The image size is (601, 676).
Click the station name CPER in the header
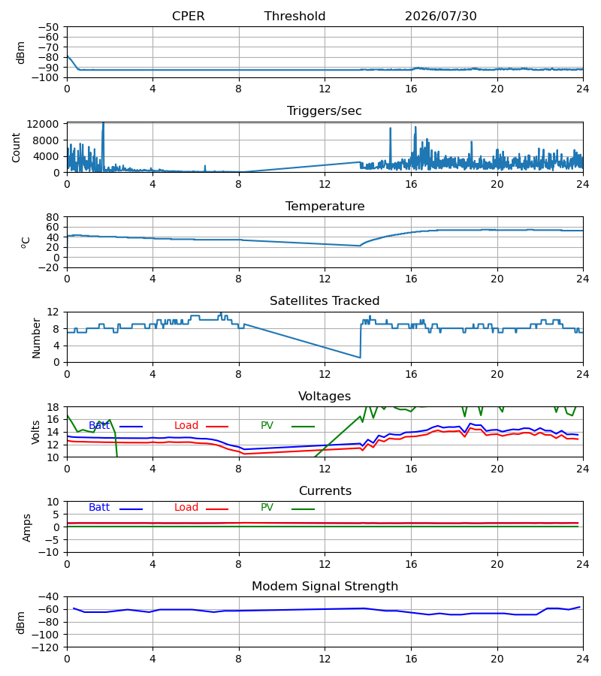(x=188, y=17)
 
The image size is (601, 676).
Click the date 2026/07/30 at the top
(x=441, y=17)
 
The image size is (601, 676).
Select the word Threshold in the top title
(x=295, y=17)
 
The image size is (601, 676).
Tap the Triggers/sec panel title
(x=325, y=111)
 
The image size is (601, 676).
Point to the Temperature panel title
(x=325, y=206)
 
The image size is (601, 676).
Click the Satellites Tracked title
(x=325, y=301)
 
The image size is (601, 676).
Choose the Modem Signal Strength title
(x=325, y=587)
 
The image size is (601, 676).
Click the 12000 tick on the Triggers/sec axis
(x=43, y=124)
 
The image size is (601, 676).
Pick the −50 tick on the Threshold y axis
(x=48, y=27)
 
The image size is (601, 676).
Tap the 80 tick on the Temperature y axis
(x=53, y=217)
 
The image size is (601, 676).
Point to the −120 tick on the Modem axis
(x=45, y=647)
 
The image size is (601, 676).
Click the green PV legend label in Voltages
(x=267, y=426)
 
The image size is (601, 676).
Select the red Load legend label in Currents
(x=186, y=508)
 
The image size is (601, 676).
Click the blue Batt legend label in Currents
(x=99, y=508)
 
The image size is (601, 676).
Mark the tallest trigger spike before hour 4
(x=103, y=124)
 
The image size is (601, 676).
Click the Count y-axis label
(x=17, y=147)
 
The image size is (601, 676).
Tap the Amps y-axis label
(x=27, y=528)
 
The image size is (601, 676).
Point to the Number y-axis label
(x=36, y=338)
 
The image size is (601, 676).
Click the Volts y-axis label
(x=35, y=433)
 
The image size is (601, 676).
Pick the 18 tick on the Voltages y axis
(x=53, y=407)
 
